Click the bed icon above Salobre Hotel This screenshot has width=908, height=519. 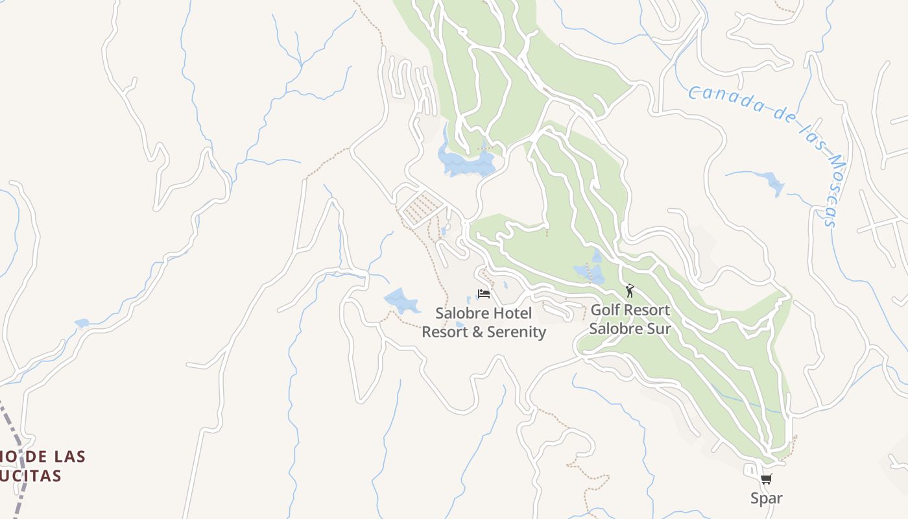484,294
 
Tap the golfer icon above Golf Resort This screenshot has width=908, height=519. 629,291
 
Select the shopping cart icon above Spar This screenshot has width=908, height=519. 766,479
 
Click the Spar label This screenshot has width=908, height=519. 766,498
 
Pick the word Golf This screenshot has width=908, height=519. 604,310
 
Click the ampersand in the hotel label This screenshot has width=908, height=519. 472,332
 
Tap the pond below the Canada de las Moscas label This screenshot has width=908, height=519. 772,182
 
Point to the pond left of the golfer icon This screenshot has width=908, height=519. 590,272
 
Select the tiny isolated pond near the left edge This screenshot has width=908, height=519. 82,323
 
